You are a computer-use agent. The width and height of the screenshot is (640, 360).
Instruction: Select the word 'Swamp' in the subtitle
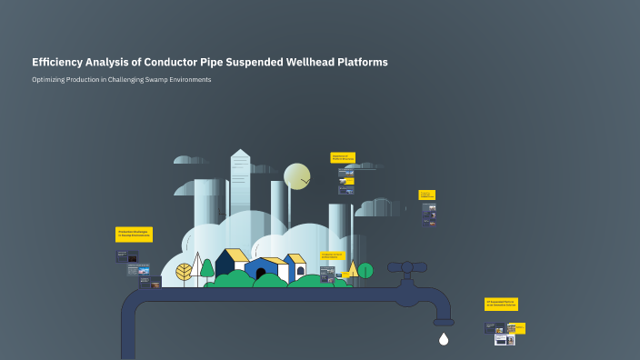click(158, 80)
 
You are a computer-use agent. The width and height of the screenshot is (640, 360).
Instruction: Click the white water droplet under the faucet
click(444, 339)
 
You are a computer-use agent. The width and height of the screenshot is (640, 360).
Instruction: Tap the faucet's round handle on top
click(407, 267)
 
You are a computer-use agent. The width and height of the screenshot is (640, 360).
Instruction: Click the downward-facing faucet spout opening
click(444, 322)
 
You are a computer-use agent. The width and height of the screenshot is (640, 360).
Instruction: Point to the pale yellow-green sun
click(297, 175)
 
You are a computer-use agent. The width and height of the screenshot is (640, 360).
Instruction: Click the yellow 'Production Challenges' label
click(134, 234)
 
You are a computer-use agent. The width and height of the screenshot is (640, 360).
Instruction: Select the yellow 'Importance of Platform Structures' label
click(342, 157)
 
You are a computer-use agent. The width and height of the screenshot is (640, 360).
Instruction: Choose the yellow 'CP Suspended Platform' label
click(501, 304)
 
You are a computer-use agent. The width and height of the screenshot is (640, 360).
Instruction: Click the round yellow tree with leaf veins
click(184, 271)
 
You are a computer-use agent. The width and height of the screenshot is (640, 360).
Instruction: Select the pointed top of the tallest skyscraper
click(239, 153)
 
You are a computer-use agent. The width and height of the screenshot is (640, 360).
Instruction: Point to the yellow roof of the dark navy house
click(236, 255)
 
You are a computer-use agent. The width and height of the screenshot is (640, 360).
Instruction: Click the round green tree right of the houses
click(365, 270)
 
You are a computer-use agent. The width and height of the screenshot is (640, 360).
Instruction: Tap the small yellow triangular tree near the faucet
click(352, 269)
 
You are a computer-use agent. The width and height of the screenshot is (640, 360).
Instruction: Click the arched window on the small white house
click(300, 270)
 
